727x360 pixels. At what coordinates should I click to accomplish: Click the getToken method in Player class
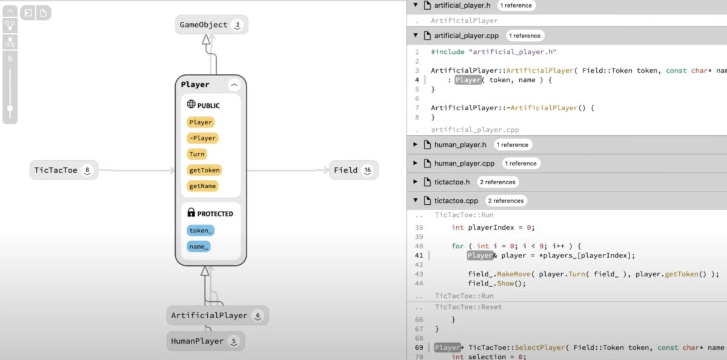[x=204, y=170]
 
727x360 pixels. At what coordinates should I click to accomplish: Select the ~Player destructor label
[x=202, y=138]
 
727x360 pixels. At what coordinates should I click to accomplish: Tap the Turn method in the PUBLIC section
[x=197, y=154]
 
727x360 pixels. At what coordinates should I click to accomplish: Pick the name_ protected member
[x=198, y=246]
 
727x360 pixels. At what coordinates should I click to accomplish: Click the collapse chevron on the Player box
[x=234, y=85]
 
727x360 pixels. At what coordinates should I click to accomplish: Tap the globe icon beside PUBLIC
[x=191, y=105]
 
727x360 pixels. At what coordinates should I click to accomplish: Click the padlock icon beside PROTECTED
[x=191, y=213]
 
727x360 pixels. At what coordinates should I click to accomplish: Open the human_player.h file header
[x=460, y=145]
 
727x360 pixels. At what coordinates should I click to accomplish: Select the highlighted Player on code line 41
[x=479, y=255]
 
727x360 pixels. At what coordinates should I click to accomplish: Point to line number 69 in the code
[x=419, y=347]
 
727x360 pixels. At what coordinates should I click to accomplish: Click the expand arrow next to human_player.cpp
[x=415, y=164]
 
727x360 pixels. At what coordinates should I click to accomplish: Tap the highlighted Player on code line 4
[x=468, y=80]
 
